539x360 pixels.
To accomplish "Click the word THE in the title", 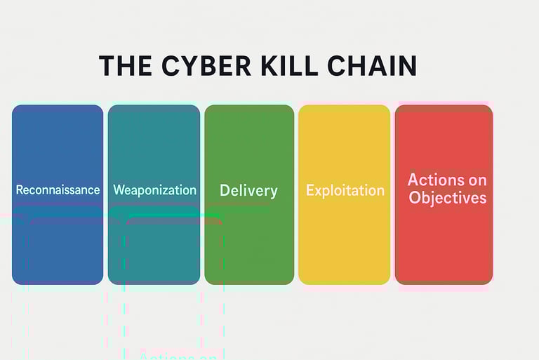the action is [125, 65].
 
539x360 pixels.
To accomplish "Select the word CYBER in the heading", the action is [204, 65].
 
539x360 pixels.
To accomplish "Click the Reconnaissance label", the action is [58, 190].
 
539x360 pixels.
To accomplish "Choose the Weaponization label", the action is [154, 190].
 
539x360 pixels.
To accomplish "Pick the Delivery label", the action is [248, 190].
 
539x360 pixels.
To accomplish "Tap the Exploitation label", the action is [345, 190].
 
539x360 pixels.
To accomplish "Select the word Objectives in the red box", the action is [447, 197].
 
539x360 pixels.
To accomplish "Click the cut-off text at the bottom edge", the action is [178, 356].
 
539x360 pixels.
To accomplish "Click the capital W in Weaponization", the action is [118, 190].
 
